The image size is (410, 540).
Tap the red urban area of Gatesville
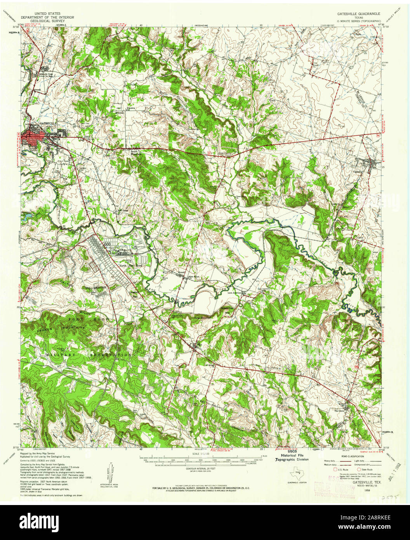(x=33, y=136)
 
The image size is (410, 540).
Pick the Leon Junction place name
(x=235, y=293)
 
